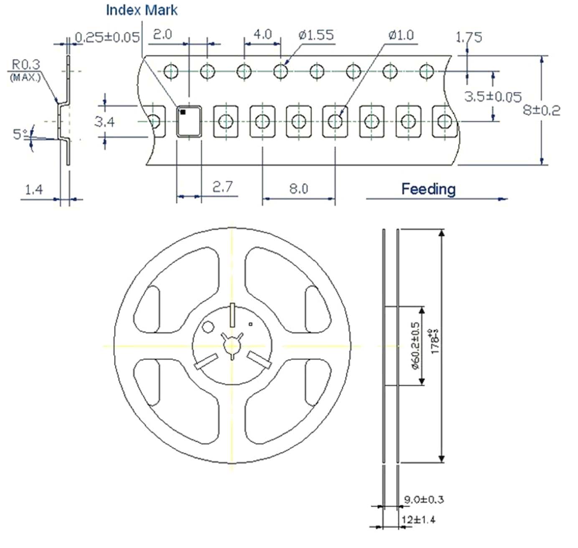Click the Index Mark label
coord(142,10)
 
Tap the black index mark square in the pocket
coord(183,112)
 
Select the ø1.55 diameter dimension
coord(316,35)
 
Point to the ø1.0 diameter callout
coord(401,35)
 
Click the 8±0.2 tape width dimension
coord(541,110)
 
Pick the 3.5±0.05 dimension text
coord(493,97)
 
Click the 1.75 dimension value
coord(469,37)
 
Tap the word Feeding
coord(428,189)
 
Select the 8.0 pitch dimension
coord(299,189)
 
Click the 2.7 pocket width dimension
coord(222,187)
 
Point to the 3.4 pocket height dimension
coord(104,122)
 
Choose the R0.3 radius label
coord(26,65)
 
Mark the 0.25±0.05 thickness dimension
coord(107,37)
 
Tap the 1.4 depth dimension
coord(34,190)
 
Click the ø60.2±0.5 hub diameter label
coord(415,346)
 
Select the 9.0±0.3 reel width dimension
coord(423,499)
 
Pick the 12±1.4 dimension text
coord(418,520)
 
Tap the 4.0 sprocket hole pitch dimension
coord(263,34)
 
